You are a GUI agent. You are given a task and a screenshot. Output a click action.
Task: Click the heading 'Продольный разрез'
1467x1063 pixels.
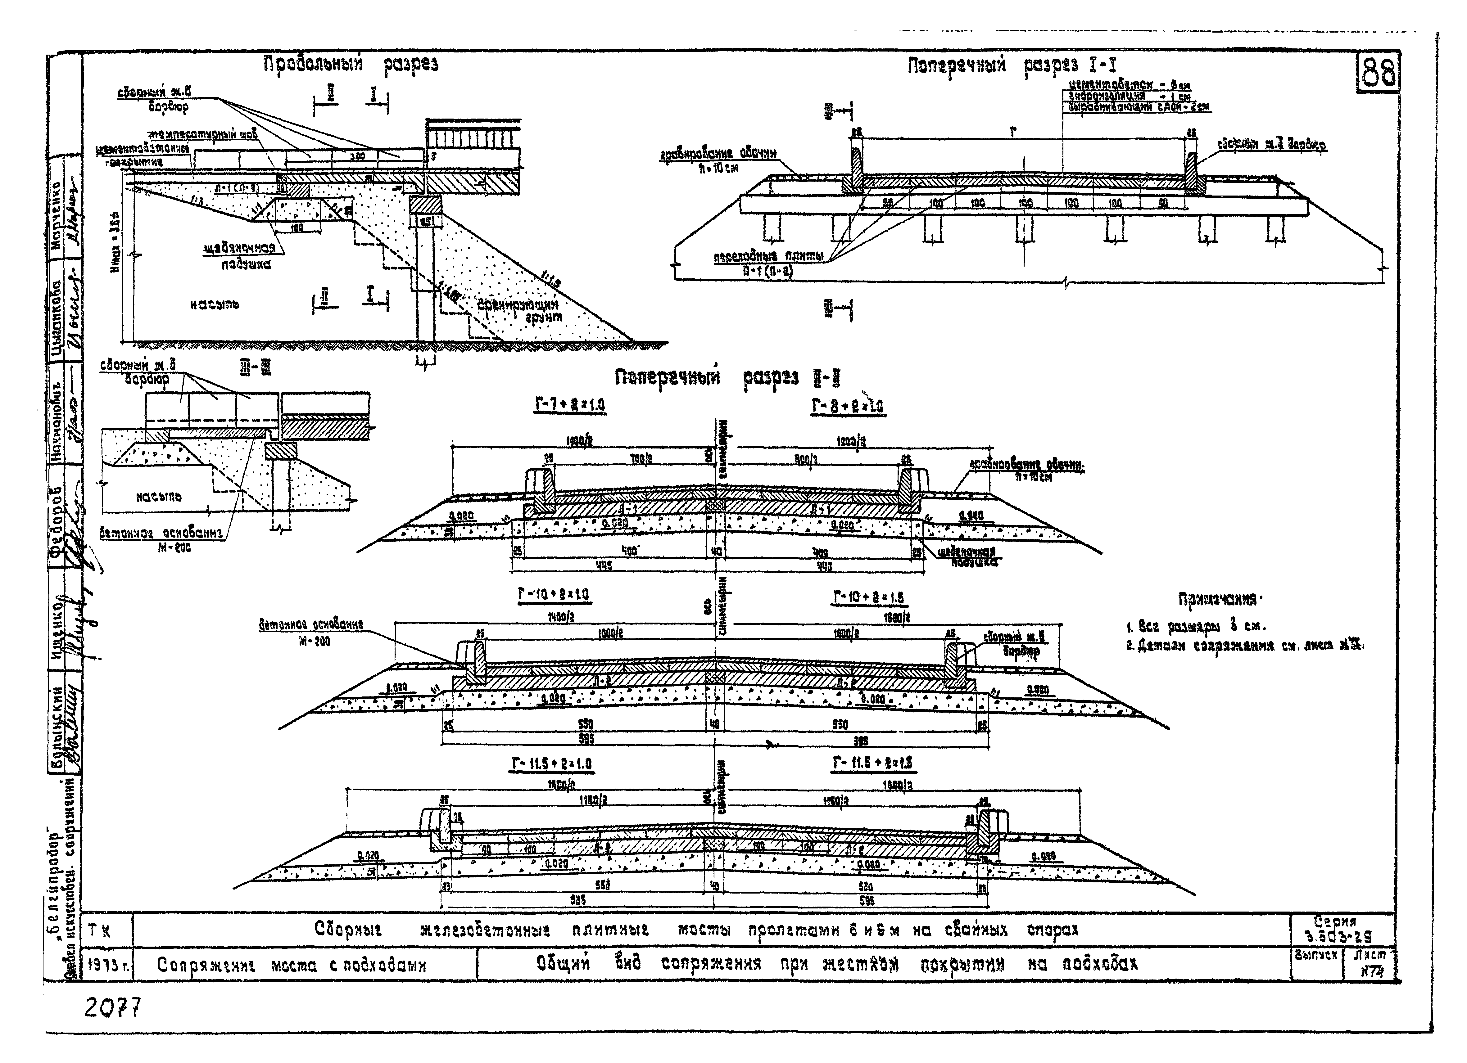coord(351,65)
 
